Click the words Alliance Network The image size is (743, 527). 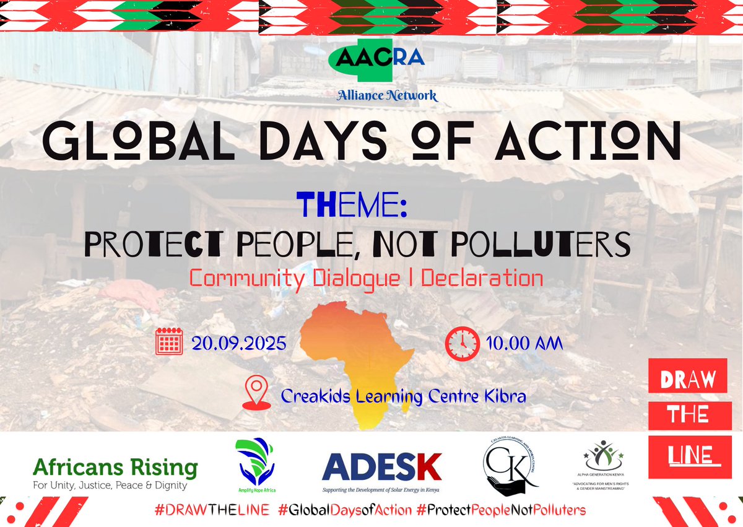[x=388, y=95]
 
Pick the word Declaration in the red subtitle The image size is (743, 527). [x=482, y=278]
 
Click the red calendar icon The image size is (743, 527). [x=168, y=341]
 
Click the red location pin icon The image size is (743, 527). [x=256, y=393]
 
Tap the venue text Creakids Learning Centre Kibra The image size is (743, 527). [x=404, y=395]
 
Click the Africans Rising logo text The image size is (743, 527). [x=115, y=468]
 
